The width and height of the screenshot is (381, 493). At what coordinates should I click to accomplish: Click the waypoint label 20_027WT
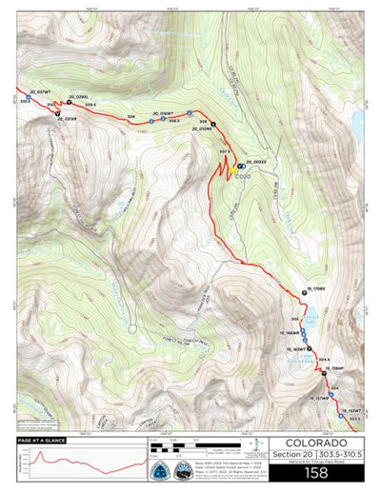coord(30,91)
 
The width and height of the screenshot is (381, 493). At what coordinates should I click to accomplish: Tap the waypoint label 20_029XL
coord(78,97)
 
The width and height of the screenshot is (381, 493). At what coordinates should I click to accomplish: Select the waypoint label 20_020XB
coord(66,119)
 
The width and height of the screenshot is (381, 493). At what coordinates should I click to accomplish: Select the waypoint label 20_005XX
coord(258,162)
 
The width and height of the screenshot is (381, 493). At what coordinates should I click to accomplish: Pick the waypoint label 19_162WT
coord(297,350)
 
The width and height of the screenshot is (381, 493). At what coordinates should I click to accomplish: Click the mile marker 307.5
coord(226,151)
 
